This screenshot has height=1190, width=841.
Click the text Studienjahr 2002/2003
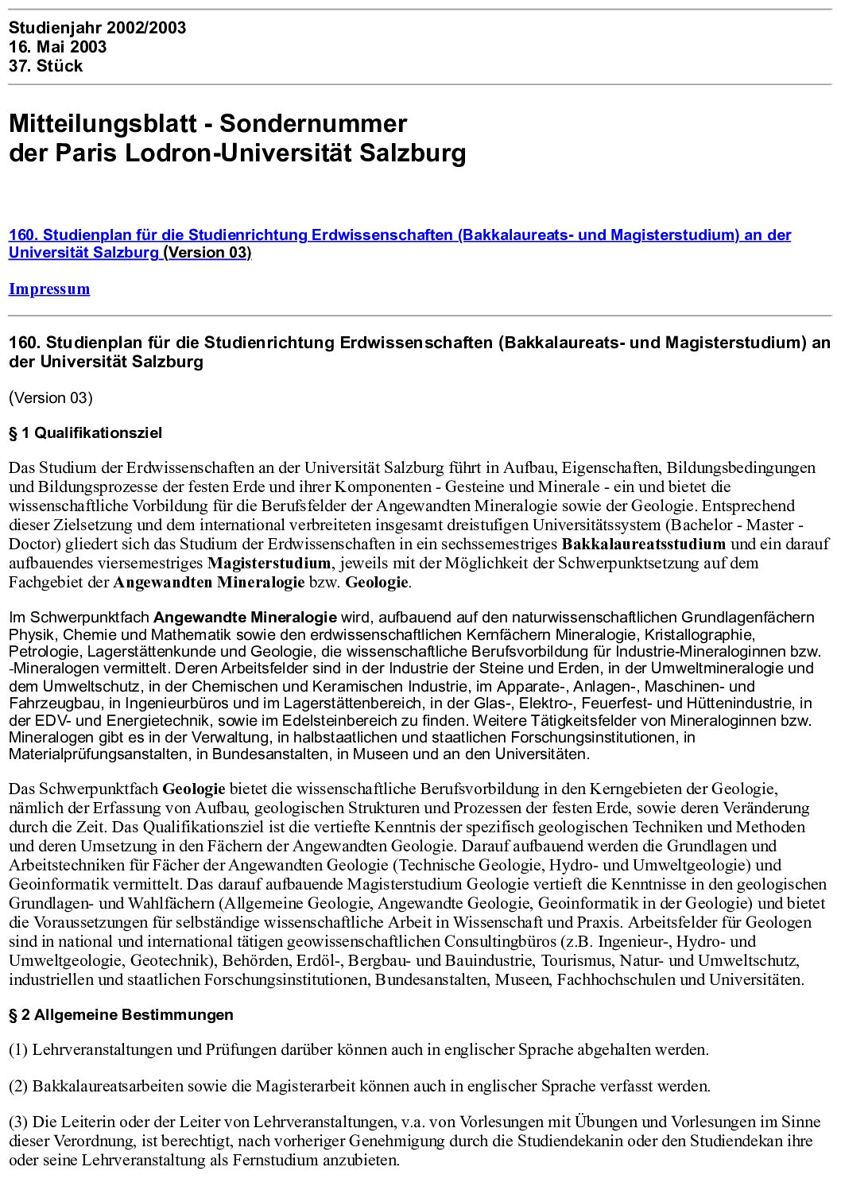(97, 28)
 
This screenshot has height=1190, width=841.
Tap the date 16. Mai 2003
(57, 47)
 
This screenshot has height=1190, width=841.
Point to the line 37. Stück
(45, 66)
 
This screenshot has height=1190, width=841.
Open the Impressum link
(49, 289)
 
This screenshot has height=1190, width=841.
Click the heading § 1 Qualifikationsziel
(85, 433)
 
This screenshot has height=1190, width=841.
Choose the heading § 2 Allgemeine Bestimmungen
(121, 1015)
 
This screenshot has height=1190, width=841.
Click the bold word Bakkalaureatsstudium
(643, 545)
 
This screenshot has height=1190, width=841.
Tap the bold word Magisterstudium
(269, 564)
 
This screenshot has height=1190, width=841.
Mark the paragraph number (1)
(18, 1050)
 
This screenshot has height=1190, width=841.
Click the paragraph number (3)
(18, 1122)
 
